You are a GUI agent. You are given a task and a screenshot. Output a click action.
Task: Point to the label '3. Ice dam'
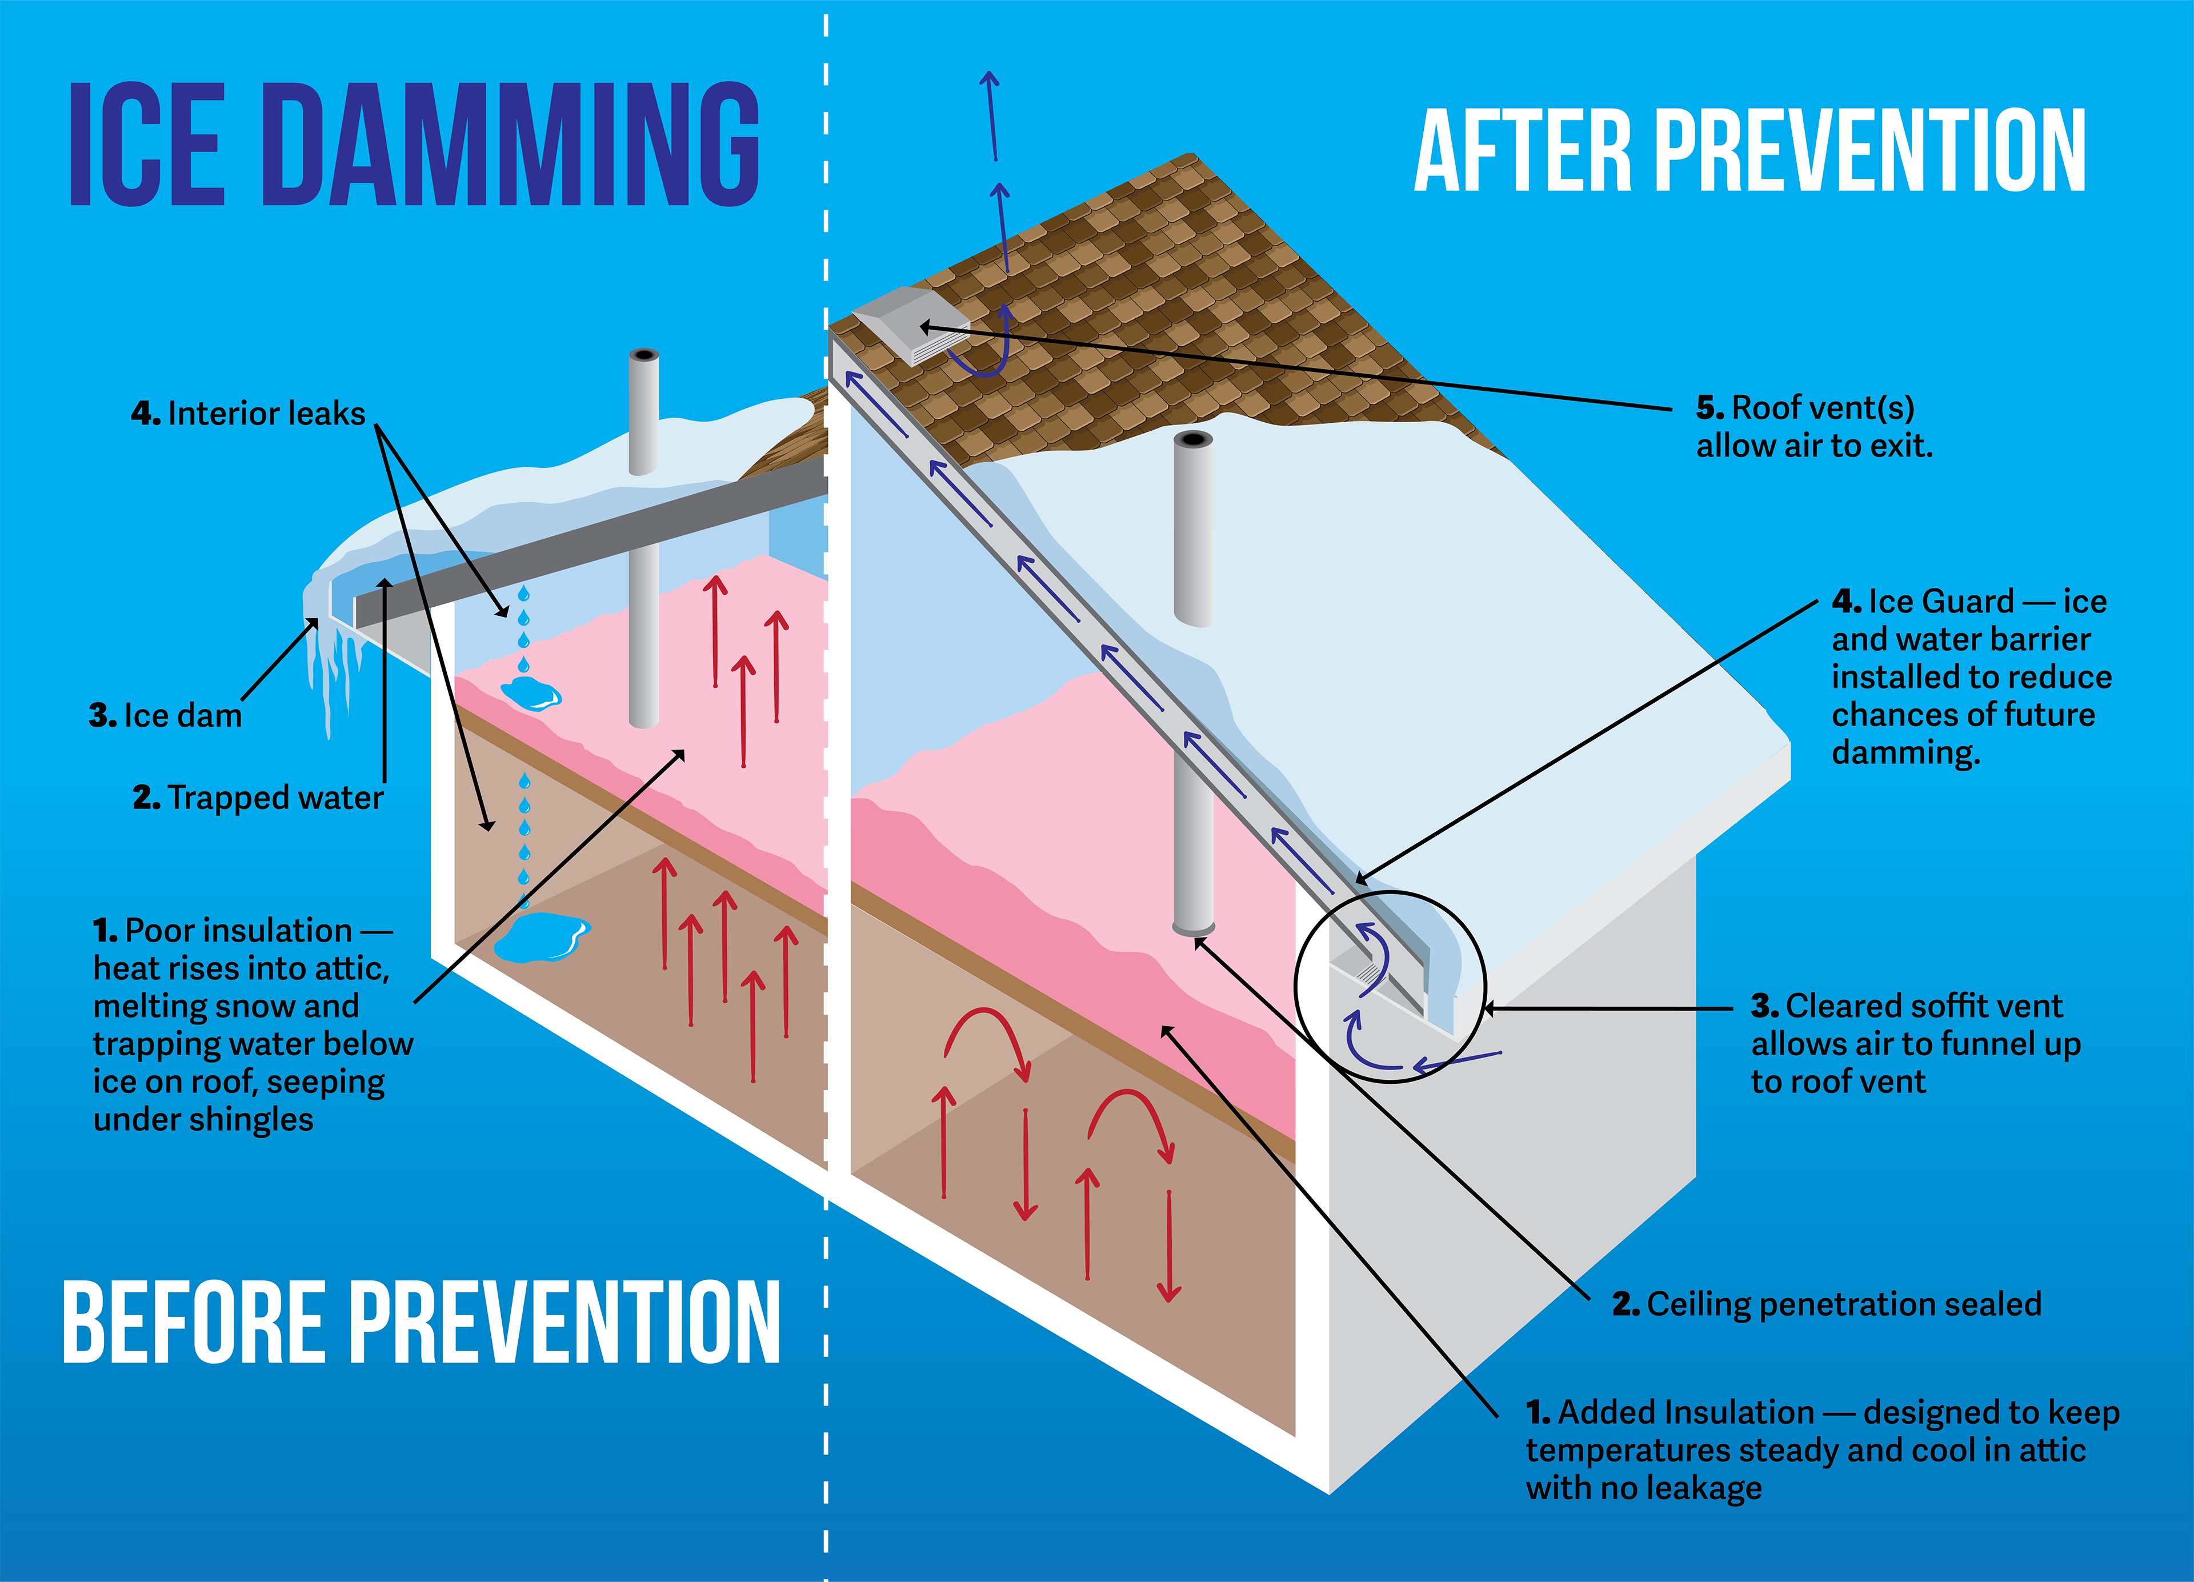[x=166, y=716]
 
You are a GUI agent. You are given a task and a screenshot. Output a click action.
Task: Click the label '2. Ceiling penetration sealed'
[x=1827, y=1304]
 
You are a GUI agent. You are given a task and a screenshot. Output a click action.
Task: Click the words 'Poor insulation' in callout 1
[x=238, y=931]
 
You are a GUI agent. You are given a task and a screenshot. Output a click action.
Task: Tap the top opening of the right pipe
[x=1193, y=439]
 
